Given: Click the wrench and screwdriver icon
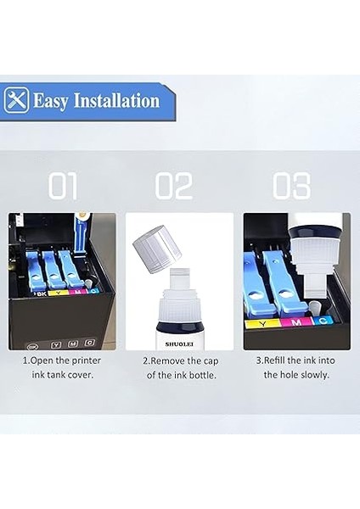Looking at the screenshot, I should [x=16, y=101].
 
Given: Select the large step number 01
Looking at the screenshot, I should [x=63, y=186].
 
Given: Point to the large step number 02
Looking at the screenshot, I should [x=176, y=186].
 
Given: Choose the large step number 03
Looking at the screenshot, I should [x=290, y=186].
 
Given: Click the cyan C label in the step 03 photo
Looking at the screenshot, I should [x=323, y=321].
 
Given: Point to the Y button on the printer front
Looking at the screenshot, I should [x=56, y=344].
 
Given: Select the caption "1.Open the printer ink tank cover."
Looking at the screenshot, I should [x=63, y=366].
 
